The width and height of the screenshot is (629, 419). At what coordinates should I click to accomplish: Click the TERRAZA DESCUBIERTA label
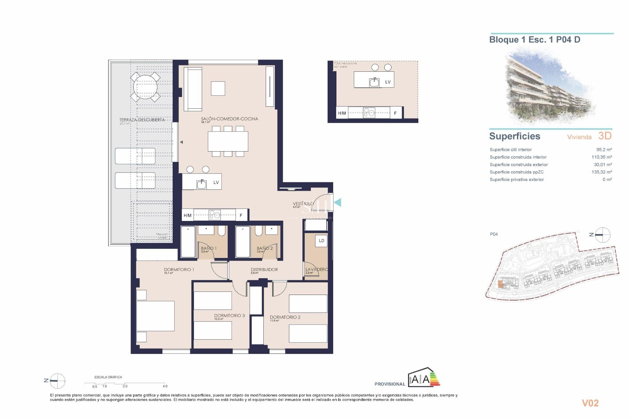click(142, 120)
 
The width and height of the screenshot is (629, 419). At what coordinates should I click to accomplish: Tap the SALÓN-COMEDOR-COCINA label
click(229, 119)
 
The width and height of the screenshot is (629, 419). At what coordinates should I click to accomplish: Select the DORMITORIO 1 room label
click(179, 269)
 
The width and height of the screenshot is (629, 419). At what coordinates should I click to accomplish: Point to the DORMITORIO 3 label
click(229, 316)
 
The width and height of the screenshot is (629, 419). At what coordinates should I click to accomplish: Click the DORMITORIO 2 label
click(285, 317)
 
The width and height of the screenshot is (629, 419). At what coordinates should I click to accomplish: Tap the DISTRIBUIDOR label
click(264, 269)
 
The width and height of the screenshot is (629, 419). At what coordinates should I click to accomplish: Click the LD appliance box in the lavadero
click(321, 241)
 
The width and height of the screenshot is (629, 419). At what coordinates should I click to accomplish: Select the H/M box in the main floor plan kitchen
click(187, 215)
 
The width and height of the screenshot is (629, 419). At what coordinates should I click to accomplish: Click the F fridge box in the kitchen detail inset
click(395, 113)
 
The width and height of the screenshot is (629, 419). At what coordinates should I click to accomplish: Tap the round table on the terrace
click(145, 87)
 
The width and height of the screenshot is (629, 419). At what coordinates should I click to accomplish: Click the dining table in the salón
click(228, 141)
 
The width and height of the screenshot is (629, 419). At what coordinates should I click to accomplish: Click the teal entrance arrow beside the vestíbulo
click(337, 203)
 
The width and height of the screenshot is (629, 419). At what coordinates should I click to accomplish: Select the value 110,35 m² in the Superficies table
click(601, 157)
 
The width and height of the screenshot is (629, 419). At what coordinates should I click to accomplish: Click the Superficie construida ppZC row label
click(516, 172)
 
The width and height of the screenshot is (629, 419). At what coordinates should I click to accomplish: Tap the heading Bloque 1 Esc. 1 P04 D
click(534, 40)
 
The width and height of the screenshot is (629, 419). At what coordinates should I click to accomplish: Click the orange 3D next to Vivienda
click(605, 136)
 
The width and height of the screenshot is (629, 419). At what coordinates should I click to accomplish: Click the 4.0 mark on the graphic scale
click(165, 386)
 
